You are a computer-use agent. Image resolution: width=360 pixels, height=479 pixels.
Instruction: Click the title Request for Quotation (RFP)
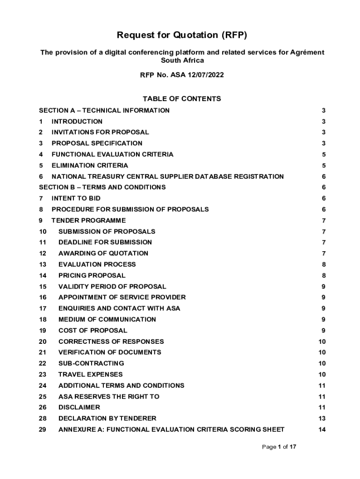click(182, 35)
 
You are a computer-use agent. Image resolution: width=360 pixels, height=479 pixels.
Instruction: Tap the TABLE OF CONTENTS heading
click(182, 99)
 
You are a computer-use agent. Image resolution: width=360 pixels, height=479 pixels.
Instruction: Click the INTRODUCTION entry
click(77, 122)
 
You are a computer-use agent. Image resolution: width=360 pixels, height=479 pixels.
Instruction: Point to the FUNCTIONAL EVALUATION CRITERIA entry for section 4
click(112, 154)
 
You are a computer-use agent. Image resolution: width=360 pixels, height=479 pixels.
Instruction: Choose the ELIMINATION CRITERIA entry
click(89, 166)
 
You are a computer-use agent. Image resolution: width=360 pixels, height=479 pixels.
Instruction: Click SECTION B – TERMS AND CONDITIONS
click(102, 187)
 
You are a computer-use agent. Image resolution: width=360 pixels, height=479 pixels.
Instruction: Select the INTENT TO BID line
click(76, 198)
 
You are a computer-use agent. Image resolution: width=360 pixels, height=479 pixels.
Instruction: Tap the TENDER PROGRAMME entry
click(88, 220)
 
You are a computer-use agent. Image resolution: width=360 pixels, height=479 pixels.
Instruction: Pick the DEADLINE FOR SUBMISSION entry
click(105, 242)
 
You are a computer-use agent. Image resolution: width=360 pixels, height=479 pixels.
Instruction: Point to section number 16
click(43, 298)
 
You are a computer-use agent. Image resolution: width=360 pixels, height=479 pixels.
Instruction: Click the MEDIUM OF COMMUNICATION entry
click(107, 319)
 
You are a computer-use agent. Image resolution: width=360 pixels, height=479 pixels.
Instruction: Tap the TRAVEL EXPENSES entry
click(90, 374)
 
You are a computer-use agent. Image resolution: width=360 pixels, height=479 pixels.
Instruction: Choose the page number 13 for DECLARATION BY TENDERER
click(322, 419)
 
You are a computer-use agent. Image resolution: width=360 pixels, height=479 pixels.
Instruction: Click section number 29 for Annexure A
click(43, 429)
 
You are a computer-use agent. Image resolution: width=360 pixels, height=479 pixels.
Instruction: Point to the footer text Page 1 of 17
click(279, 447)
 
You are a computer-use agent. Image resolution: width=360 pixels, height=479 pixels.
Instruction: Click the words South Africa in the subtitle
click(182, 60)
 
